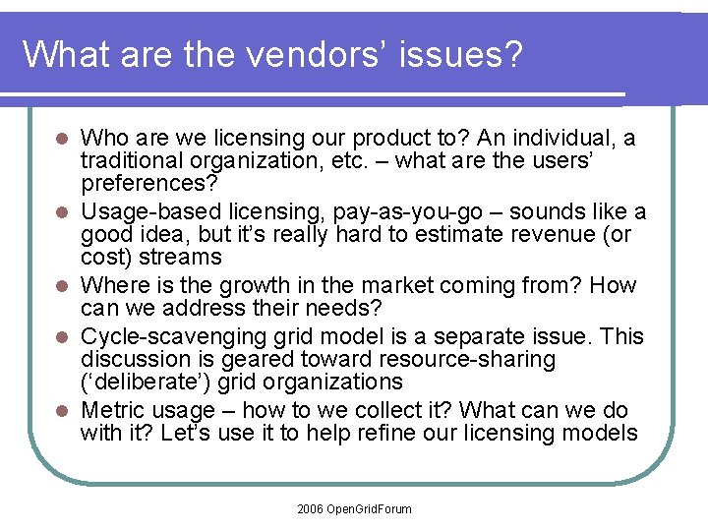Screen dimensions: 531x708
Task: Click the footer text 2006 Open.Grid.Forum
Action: point(354,508)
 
